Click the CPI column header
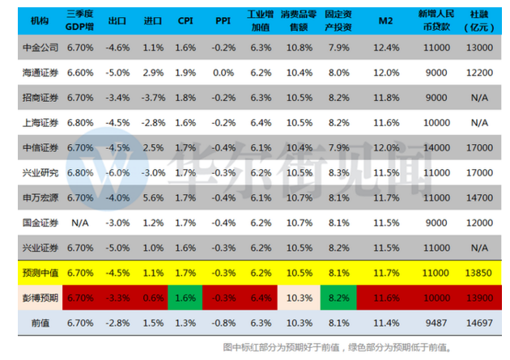(185, 19)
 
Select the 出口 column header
(118, 19)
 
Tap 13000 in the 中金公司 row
(478, 47)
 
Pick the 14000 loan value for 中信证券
(436, 147)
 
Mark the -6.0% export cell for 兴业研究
(118, 172)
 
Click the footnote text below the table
(337, 347)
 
